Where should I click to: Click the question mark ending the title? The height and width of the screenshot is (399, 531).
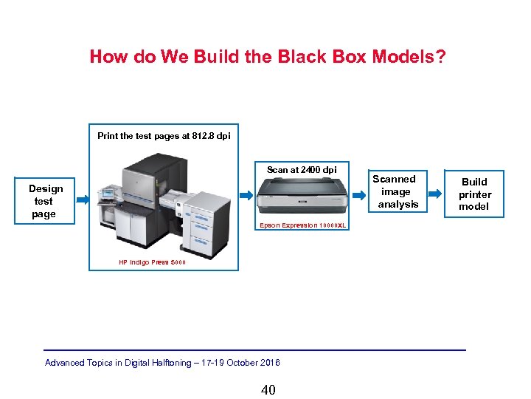(x=440, y=57)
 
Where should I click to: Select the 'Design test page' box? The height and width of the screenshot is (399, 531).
(x=45, y=201)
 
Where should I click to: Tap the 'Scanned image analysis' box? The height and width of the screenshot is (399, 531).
(x=396, y=191)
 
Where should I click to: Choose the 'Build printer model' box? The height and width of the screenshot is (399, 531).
(x=474, y=194)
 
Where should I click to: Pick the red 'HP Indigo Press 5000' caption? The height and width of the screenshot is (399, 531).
(x=153, y=262)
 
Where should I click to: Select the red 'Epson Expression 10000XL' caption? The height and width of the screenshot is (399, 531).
(x=302, y=225)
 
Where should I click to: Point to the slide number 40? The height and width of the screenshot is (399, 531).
(x=268, y=389)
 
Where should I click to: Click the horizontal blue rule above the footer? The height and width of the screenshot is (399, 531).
(x=254, y=349)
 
